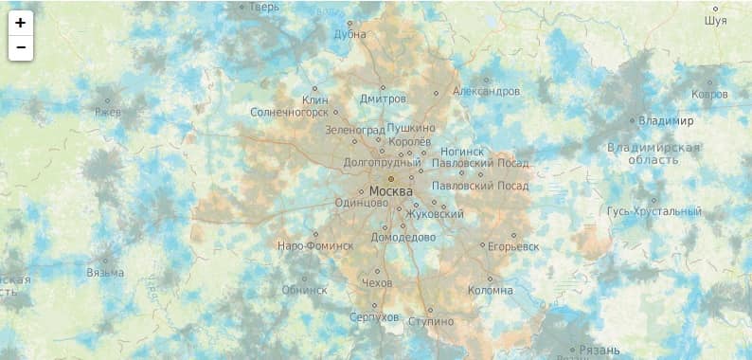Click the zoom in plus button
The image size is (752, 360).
tap(20, 23)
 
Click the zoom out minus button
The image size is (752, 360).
tap(20, 47)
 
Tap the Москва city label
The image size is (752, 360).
tap(391, 191)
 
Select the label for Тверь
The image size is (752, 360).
tap(264, 7)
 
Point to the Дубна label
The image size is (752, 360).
tap(349, 34)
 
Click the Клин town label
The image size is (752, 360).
tap(314, 99)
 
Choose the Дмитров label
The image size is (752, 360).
tap(383, 99)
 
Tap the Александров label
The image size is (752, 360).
tap(486, 91)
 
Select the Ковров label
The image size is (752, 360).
tap(709, 95)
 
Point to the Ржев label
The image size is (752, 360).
tap(108, 112)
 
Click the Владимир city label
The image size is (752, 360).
tap(666, 121)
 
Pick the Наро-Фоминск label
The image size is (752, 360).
tap(314, 245)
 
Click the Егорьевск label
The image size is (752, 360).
tap(512, 246)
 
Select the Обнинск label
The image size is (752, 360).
tap(304, 290)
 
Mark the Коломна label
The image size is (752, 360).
tap(490, 290)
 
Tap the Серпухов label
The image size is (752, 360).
tap(374, 316)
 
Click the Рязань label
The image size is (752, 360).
tap(600, 351)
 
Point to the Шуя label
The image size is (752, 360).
tap(716, 20)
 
